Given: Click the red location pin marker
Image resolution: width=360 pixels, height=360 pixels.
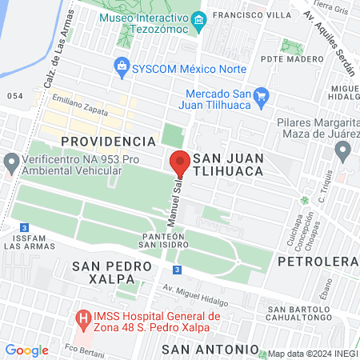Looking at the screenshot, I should [x=180, y=162].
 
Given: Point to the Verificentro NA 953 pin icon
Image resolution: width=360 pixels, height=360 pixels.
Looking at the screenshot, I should [x=11, y=165].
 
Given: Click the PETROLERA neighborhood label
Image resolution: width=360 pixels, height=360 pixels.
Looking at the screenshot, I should [x=317, y=262].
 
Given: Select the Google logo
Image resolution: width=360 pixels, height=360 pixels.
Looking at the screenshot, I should [x=27, y=350].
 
